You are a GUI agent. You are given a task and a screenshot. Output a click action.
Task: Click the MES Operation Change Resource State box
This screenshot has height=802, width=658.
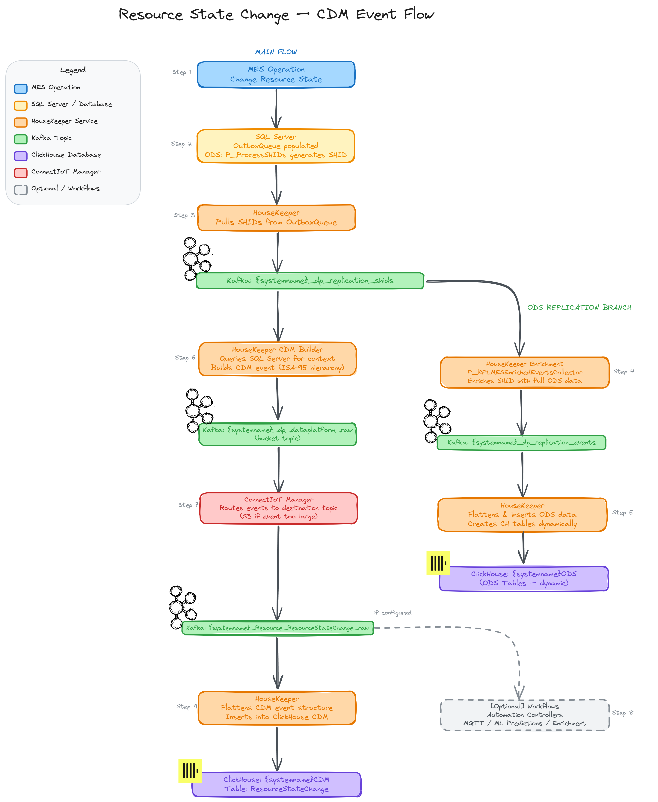pos(276,75)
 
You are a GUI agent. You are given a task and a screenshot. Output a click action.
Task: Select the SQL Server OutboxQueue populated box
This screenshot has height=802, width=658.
pos(276,146)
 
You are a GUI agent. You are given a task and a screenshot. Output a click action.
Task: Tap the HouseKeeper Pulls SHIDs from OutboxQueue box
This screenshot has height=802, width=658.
pos(276,218)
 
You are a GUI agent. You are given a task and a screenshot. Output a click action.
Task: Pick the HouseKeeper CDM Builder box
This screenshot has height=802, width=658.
pos(277,359)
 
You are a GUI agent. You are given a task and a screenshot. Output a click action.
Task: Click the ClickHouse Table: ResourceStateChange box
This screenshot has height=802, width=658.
pos(276,784)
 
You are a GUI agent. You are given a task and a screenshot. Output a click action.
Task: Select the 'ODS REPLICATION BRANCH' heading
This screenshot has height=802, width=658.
pos(579,307)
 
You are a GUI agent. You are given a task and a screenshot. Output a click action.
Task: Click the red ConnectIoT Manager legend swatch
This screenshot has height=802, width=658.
pos(21,173)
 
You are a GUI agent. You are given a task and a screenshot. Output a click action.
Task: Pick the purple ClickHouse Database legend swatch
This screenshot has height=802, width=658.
pos(21,156)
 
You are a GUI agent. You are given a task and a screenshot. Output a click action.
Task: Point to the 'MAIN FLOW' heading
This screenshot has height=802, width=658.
pos(276,52)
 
